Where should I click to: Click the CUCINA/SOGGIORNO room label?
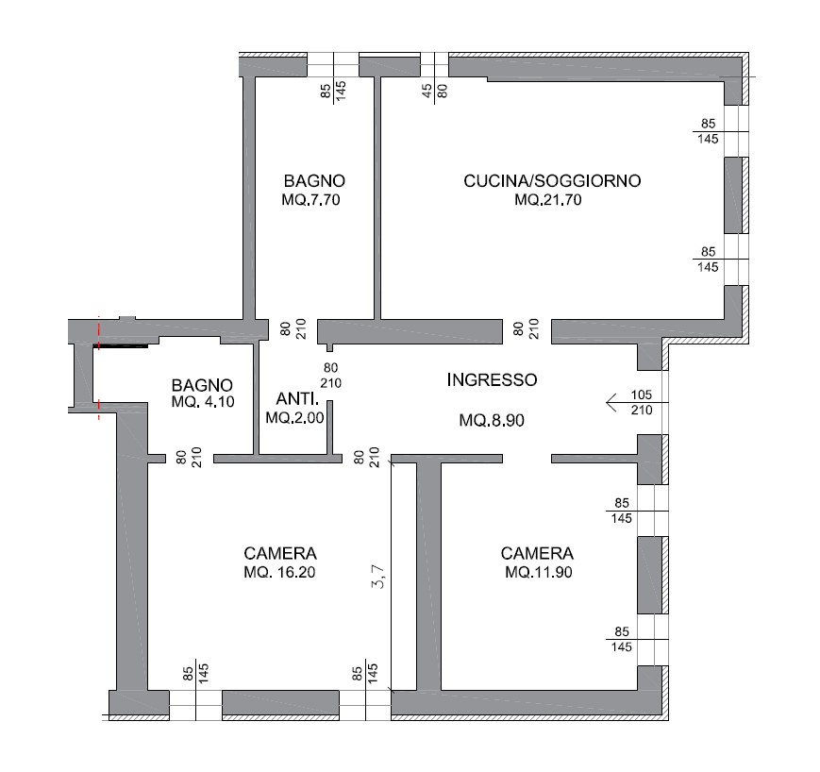[552, 181]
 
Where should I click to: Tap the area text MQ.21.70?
[548, 200]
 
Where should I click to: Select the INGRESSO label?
[492, 379]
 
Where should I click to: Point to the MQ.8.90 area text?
[492, 421]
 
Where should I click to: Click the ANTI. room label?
[297, 399]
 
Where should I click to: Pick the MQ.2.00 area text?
[295, 418]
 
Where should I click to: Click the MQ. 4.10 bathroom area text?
[203, 402]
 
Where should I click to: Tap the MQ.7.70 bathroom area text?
[310, 200]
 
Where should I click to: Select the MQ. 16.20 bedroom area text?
[280, 572]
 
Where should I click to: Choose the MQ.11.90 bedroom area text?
[539, 572]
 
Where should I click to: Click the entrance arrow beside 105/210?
[637, 403]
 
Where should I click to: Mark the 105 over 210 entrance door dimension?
[642, 402]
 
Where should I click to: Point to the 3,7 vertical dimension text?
[378, 577]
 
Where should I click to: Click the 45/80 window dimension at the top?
[435, 91]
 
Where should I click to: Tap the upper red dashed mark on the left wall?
[99, 332]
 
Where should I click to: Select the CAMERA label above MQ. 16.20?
[280, 553]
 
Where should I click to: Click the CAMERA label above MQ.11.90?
[537, 553]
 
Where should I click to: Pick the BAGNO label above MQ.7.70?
[314, 181]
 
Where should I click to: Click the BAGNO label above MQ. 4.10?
[202, 385]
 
